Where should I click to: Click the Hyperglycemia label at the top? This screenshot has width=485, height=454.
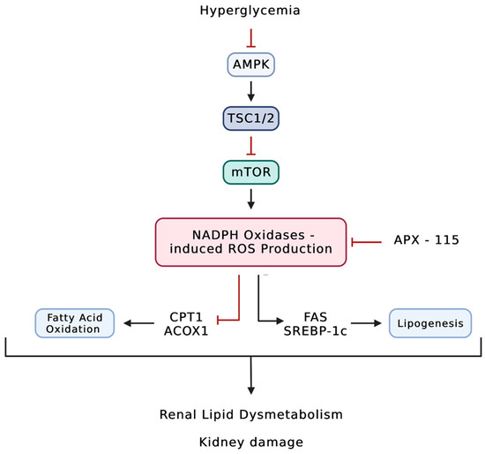point(250,11)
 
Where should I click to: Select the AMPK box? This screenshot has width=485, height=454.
point(250,64)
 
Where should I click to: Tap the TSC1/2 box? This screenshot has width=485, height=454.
point(250,118)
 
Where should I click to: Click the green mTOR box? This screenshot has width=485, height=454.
point(250,172)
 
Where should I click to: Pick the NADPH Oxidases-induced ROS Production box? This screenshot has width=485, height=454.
point(250,242)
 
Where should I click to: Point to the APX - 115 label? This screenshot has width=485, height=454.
point(426,240)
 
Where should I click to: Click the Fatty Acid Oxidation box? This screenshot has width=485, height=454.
point(75,323)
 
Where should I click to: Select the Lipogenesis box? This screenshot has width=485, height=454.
point(430,323)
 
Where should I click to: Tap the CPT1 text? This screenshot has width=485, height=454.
point(186,317)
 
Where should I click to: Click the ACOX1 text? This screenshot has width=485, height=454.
point(186,331)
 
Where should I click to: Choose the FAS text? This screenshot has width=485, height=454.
point(316,317)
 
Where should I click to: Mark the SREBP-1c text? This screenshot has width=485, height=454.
point(316,331)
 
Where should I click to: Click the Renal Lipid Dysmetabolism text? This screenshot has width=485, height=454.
point(250,414)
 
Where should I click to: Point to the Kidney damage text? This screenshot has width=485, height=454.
point(250,442)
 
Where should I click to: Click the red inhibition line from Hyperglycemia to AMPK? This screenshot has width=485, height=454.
point(250,38)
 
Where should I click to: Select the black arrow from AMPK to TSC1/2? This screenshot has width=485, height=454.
point(250,92)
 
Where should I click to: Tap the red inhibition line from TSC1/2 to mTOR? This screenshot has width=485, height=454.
point(250,146)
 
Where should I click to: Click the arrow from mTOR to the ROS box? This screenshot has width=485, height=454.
point(250,200)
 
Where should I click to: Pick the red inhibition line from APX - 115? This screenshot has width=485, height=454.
point(367,242)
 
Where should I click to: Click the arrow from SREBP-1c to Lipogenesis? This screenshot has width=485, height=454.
point(366,323)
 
